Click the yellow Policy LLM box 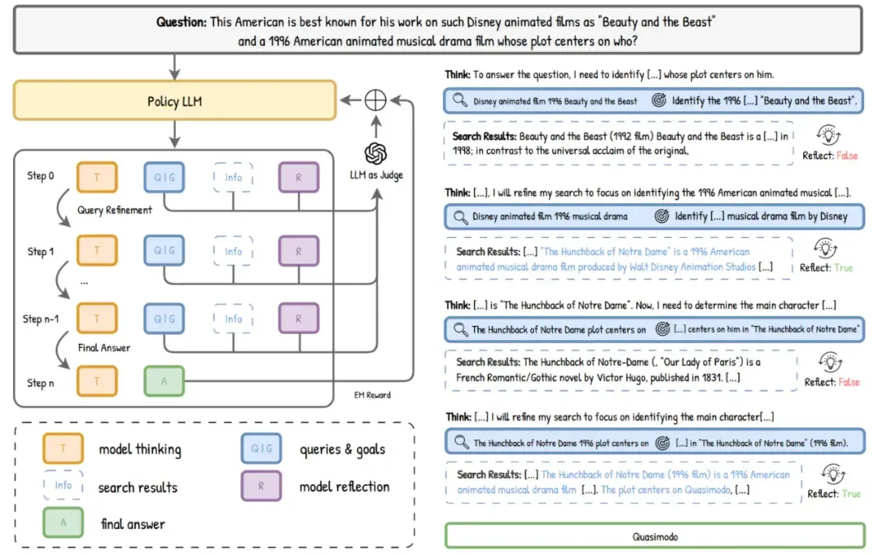175,101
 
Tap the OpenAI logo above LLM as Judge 376,154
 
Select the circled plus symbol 375,100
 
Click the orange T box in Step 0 97,177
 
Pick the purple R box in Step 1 298,250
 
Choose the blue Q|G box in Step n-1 164,319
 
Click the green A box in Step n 164,381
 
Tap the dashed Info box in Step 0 233,177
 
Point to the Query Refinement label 115,210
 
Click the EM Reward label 372,395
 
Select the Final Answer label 103,348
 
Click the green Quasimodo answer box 655,536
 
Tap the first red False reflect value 846,155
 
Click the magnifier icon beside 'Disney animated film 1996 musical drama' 460,216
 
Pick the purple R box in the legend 261,486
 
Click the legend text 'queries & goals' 342,449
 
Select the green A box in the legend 63,522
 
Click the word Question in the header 180,22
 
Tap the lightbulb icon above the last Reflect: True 832,475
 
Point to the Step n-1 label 41,319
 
